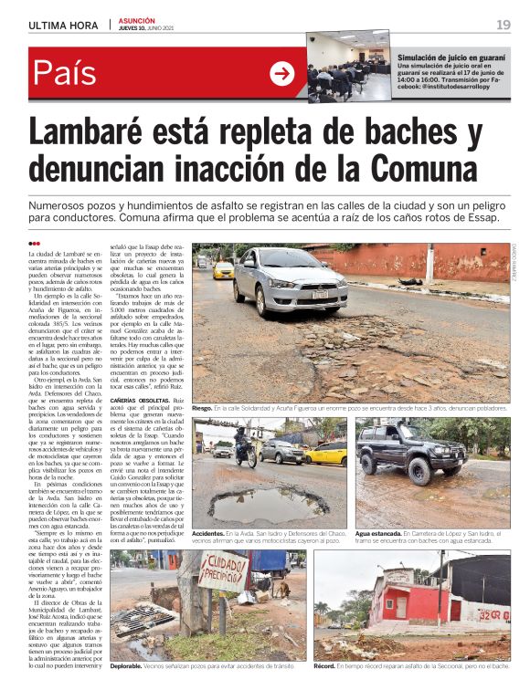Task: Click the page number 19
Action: pos(503,25)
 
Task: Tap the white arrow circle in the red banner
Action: pos(282,74)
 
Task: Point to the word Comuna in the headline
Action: pos(411,170)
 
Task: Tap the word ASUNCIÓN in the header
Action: pos(137,20)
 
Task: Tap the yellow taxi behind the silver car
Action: pos(224,270)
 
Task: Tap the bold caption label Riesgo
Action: pos(202,409)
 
